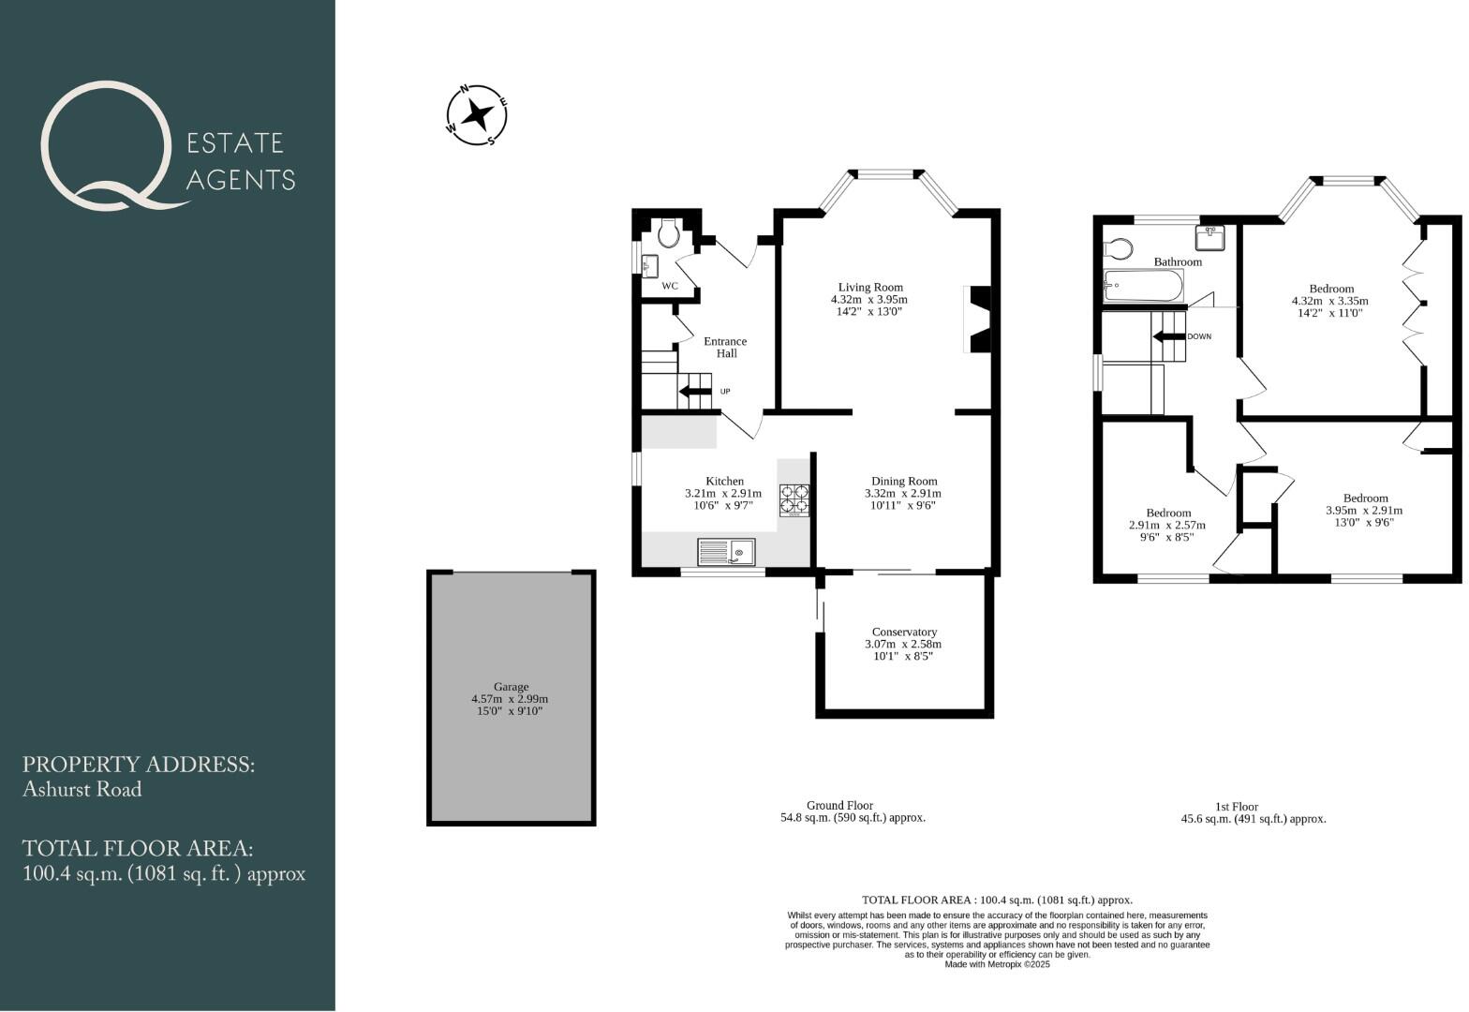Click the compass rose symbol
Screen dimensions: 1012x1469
tap(477, 115)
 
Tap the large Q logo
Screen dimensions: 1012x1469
tap(106, 145)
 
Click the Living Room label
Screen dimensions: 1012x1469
tap(869, 288)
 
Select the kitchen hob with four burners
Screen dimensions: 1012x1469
tap(794, 499)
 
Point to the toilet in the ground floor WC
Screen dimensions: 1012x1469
tap(669, 232)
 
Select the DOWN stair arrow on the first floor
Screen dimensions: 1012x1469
tap(1168, 337)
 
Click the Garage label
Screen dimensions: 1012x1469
tap(511, 687)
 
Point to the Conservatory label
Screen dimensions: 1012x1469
tap(903, 632)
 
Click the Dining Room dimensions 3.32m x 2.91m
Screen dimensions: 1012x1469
tap(903, 494)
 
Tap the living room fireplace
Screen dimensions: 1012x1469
tap(977, 320)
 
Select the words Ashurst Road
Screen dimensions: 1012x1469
tap(82, 790)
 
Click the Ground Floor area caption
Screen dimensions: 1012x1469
tap(853, 811)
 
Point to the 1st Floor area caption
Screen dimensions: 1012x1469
tap(1254, 812)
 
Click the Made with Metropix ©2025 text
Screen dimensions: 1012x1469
tap(997, 964)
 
